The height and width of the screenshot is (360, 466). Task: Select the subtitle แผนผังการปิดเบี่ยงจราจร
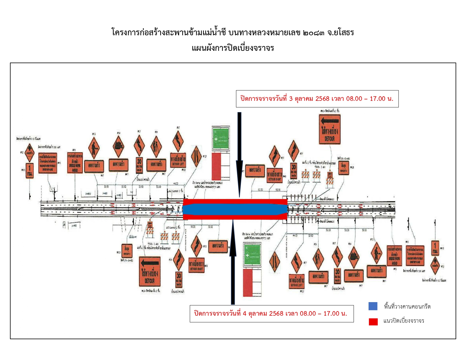(x=233, y=48)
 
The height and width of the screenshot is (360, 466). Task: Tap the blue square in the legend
(x=373, y=306)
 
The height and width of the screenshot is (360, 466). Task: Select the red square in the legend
(x=373, y=322)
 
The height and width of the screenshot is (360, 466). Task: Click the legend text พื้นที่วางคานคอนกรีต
(x=407, y=307)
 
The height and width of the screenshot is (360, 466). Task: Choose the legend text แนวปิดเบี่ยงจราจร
(x=404, y=321)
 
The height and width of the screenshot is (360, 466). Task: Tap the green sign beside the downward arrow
(x=221, y=139)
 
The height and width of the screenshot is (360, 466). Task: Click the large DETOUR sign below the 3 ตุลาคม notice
(x=330, y=129)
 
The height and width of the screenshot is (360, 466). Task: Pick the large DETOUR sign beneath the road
(x=150, y=271)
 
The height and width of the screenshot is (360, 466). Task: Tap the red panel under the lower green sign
(x=248, y=282)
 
